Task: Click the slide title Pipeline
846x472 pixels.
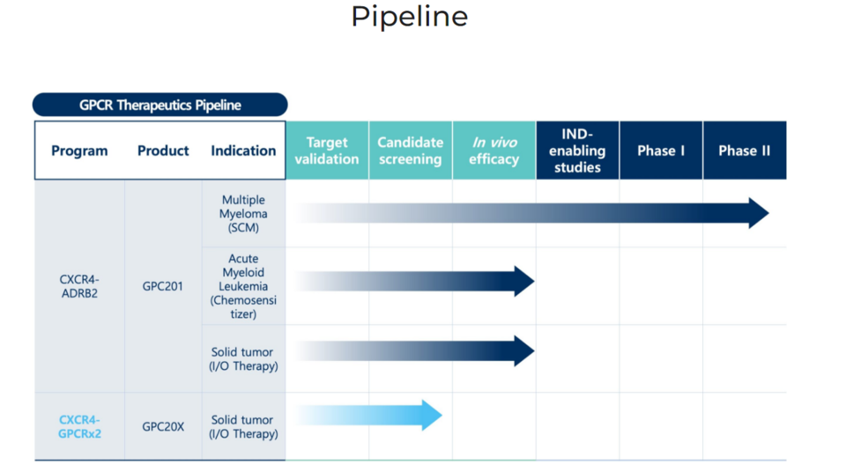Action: (410, 16)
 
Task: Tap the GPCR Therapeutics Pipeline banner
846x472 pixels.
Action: (160, 105)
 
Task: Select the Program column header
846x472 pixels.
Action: (79, 151)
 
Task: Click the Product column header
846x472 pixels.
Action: (163, 151)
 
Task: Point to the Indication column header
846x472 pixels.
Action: (243, 151)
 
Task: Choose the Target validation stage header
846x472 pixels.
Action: (327, 151)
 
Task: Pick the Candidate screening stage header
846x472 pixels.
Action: (411, 151)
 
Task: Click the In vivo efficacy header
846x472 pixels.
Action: (494, 151)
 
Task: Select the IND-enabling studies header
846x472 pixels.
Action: (577, 151)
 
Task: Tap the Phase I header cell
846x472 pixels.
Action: (661, 151)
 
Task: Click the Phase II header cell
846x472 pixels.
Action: (745, 151)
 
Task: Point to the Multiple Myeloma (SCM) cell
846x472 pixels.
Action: (243, 214)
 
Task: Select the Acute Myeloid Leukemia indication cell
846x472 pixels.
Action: (243, 286)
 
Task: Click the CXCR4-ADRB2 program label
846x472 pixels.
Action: (79, 286)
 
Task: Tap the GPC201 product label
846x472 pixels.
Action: (163, 286)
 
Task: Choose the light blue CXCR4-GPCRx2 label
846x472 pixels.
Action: (79, 427)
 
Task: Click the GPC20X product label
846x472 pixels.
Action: (163, 427)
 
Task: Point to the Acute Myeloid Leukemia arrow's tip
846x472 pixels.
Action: (534, 281)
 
